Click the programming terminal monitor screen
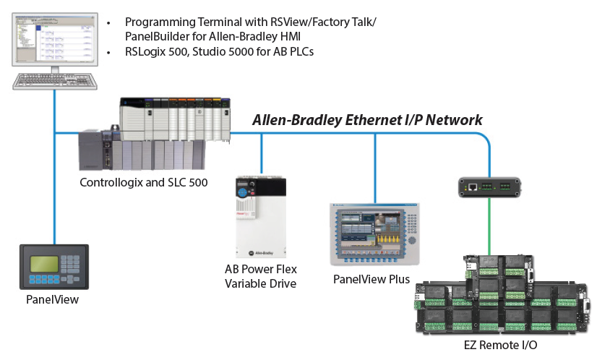click(53, 37)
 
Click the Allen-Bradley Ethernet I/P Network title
click(366, 120)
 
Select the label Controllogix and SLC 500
click(144, 182)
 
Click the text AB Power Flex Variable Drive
click(260, 276)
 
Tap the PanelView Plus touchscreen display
click(368, 235)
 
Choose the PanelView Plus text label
click(371, 279)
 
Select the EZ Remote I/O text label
click(500, 345)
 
